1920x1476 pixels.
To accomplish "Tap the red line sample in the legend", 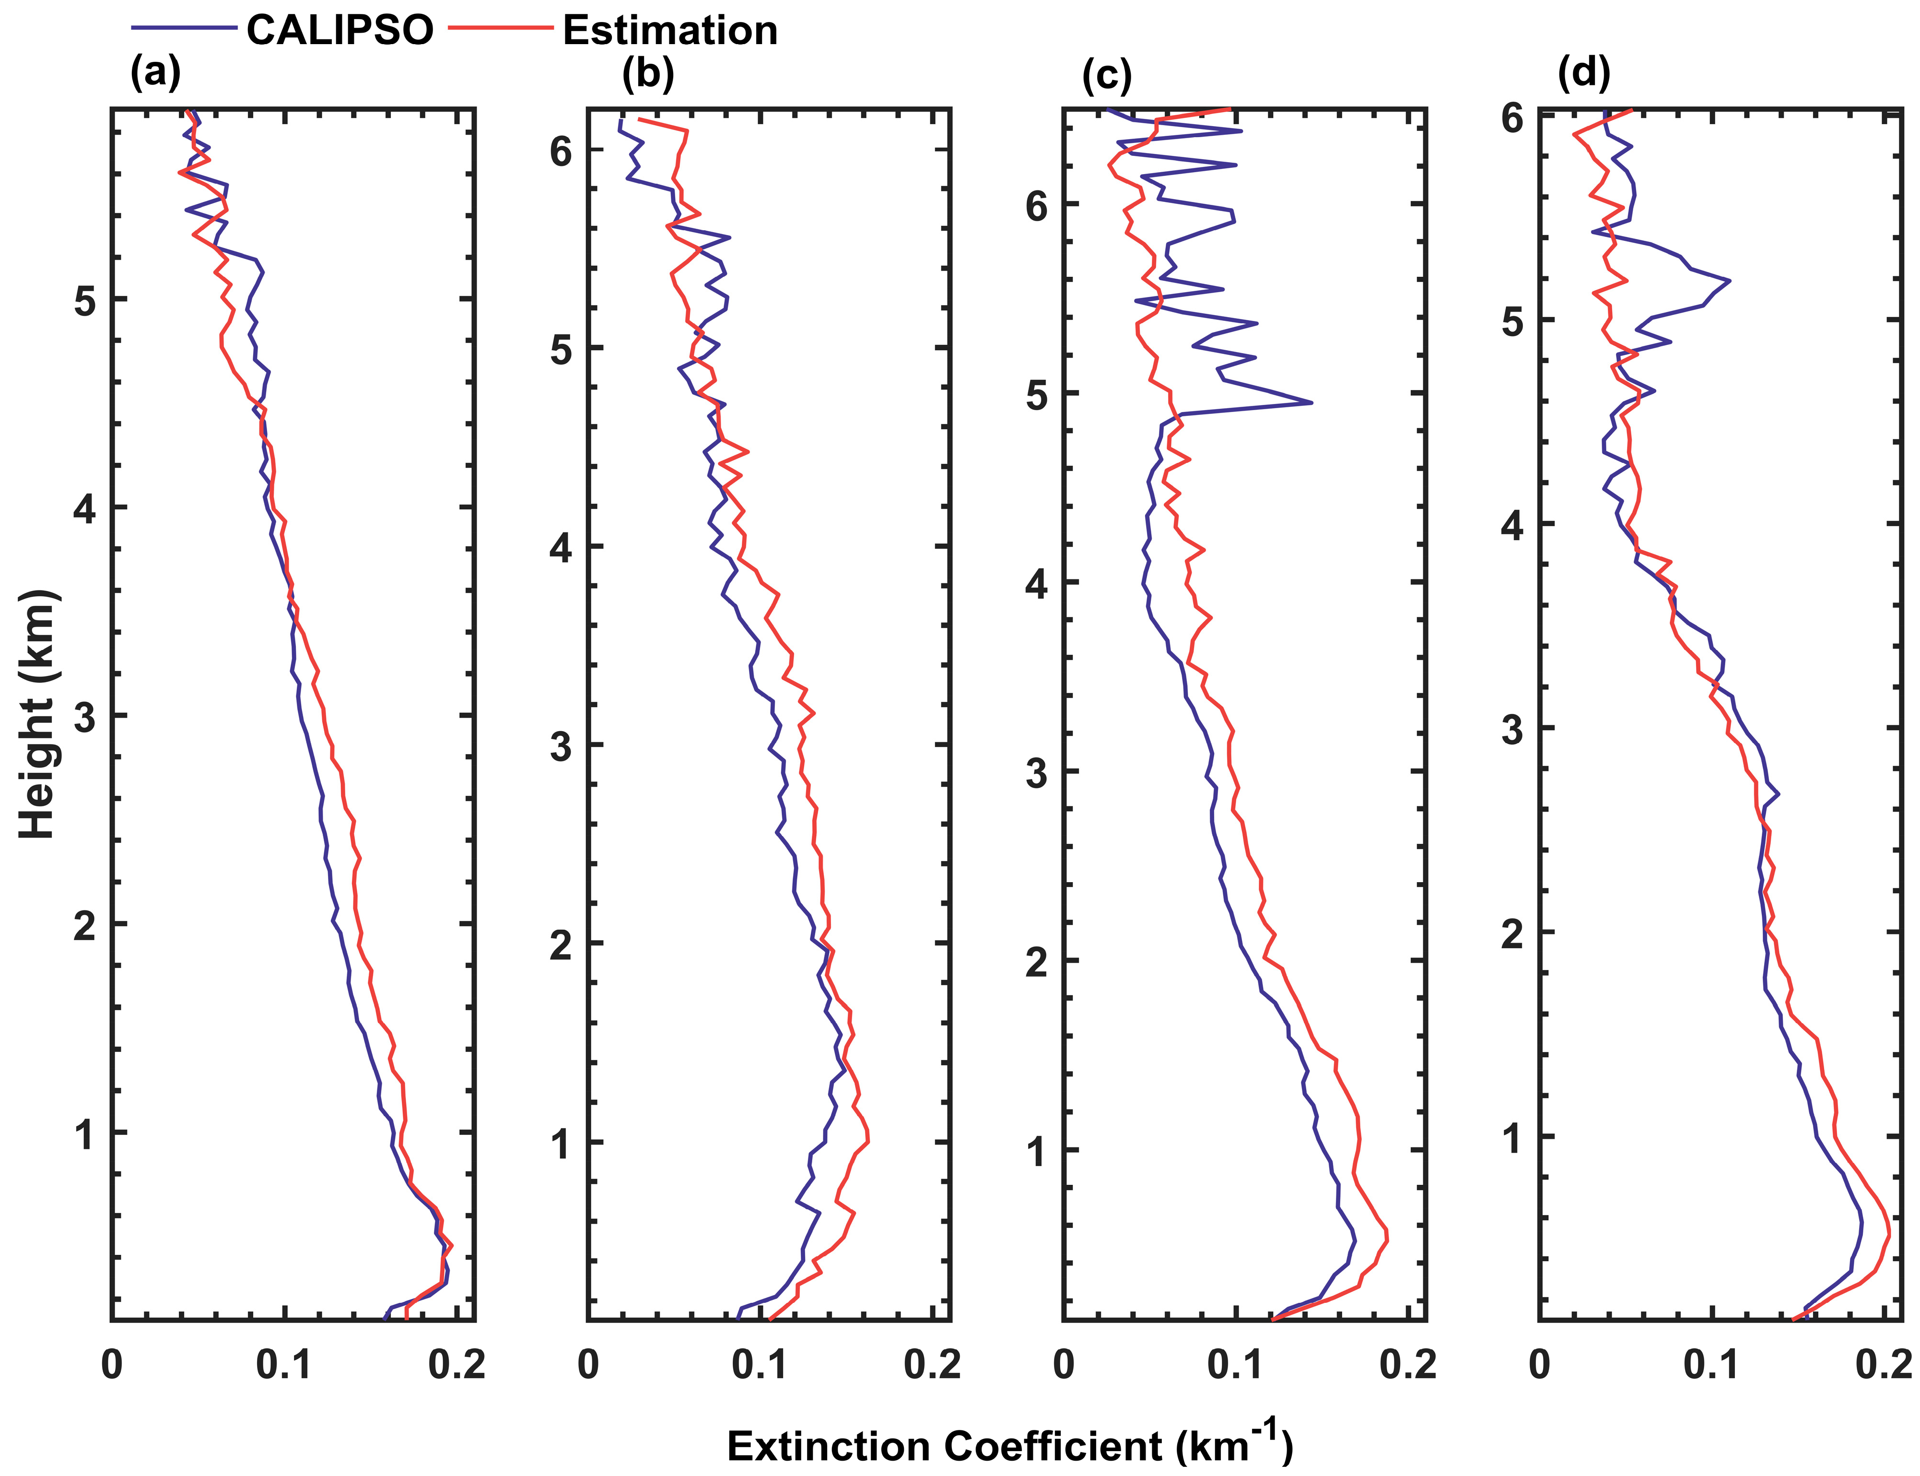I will pos(501,29).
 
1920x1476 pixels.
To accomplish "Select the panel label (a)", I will pos(155,72).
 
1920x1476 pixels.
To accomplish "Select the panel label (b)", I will pos(647,74).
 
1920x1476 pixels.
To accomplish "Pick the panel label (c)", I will pos(1107,76).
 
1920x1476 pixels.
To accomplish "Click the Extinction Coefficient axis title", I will pos(1010,1445).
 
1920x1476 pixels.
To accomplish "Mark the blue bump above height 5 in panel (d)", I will pos(1726,281).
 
